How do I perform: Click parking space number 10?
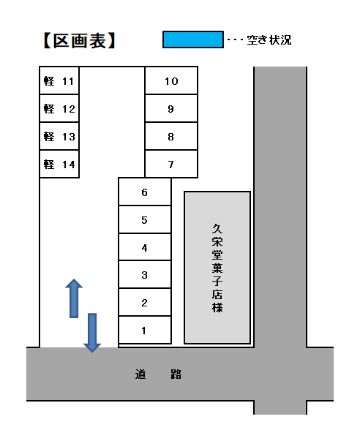point(171,80)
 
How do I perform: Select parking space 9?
point(171,108)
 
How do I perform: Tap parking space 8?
point(171,136)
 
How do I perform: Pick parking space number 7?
point(171,164)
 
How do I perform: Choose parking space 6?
point(145,192)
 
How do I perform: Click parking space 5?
point(145,219)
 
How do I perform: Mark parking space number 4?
point(145,247)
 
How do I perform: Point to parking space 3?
point(145,274)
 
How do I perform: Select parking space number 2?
point(145,302)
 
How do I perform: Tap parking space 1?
point(145,330)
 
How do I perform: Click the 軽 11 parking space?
point(59,80)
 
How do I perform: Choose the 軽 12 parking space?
point(59,108)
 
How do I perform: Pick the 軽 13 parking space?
point(59,136)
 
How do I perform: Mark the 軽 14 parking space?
point(59,164)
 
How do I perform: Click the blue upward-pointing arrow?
point(74,298)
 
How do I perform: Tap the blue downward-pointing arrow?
point(92,333)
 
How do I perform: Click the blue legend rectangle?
point(193,39)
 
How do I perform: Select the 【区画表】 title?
point(80,41)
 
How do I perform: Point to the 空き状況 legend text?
point(269,40)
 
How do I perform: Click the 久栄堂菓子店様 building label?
point(217,268)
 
